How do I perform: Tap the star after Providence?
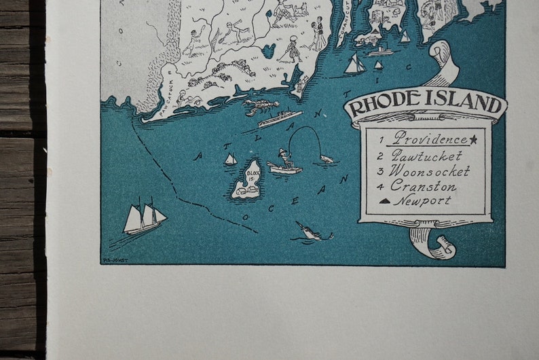point(473,140)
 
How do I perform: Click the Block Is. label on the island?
point(253,179)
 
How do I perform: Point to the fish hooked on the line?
point(327,160)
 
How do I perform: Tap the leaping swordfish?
point(312,232)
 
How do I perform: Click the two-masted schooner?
point(144,217)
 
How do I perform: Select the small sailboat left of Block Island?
point(230,160)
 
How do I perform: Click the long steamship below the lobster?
point(280,119)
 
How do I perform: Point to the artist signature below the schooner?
point(115,259)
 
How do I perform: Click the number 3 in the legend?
point(381,171)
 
